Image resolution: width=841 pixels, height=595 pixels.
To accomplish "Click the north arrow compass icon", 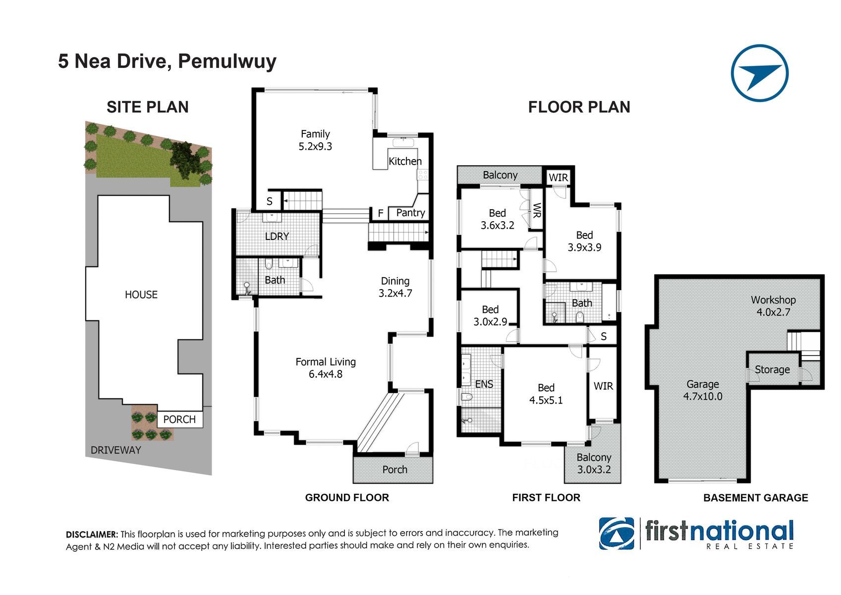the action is pyautogui.click(x=760, y=73).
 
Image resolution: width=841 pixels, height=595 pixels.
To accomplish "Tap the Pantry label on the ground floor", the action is pyautogui.click(x=410, y=213).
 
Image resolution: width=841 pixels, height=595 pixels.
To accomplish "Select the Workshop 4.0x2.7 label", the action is pyautogui.click(x=773, y=306).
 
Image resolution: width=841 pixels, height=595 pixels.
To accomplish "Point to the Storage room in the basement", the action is pyautogui.click(x=772, y=369).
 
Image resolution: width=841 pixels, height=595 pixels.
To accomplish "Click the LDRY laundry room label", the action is pyautogui.click(x=277, y=237).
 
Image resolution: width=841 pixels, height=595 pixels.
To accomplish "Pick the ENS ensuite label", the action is pyautogui.click(x=484, y=384).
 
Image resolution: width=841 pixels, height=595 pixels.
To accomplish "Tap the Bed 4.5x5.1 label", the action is pyautogui.click(x=546, y=394).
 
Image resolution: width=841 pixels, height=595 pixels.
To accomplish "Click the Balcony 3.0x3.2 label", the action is pyautogui.click(x=594, y=463).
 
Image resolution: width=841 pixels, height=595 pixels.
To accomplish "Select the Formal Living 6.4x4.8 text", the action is pyautogui.click(x=326, y=368).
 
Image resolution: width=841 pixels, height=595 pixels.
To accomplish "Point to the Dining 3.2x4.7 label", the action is pyautogui.click(x=395, y=287).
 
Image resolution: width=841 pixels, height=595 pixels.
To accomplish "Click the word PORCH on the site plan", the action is pyautogui.click(x=179, y=419).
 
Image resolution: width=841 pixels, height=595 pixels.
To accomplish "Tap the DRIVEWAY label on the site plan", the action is pyautogui.click(x=115, y=450).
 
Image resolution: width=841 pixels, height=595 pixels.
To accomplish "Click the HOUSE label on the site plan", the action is pyautogui.click(x=141, y=295).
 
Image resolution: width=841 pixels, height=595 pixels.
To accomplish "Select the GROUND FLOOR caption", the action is pyautogui.click(x=347, y=498).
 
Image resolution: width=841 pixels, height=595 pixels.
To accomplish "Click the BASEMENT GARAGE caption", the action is pyautogui.click(x=756, y=498).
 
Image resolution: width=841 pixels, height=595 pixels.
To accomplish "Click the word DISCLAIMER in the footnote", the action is pyautogui.click(x=92, y=535).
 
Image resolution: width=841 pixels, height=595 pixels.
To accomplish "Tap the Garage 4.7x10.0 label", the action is pyautogui.click(x=702, y=390).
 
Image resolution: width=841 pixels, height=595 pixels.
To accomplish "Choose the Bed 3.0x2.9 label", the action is pyautogui.click(x=490, y=315).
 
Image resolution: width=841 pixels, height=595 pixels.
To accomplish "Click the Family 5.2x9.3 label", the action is pyautogui.click(x=315, y=140).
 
